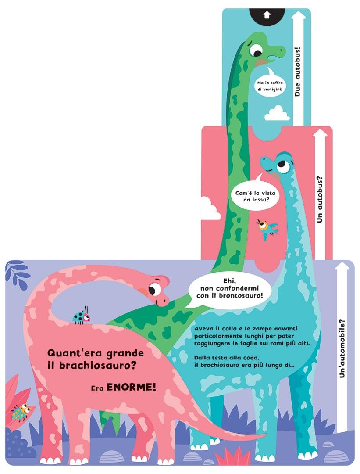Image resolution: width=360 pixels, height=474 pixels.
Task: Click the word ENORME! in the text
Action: click(132, 387)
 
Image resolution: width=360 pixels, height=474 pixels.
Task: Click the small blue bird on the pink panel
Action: click(267, 229)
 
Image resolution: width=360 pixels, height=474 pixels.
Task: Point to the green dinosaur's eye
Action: click(257, 50)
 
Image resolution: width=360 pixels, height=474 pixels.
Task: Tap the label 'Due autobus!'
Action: click(297, 72)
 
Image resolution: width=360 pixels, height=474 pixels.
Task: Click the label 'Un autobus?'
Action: click(320, 200)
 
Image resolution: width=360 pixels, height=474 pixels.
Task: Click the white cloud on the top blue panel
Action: click(277, 114)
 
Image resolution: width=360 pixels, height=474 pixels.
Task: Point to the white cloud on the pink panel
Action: click(210, 208)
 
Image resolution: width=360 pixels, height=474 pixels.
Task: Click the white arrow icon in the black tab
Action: click(266, 14)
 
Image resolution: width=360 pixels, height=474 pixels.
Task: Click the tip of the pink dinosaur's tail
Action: click(266, 435)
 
